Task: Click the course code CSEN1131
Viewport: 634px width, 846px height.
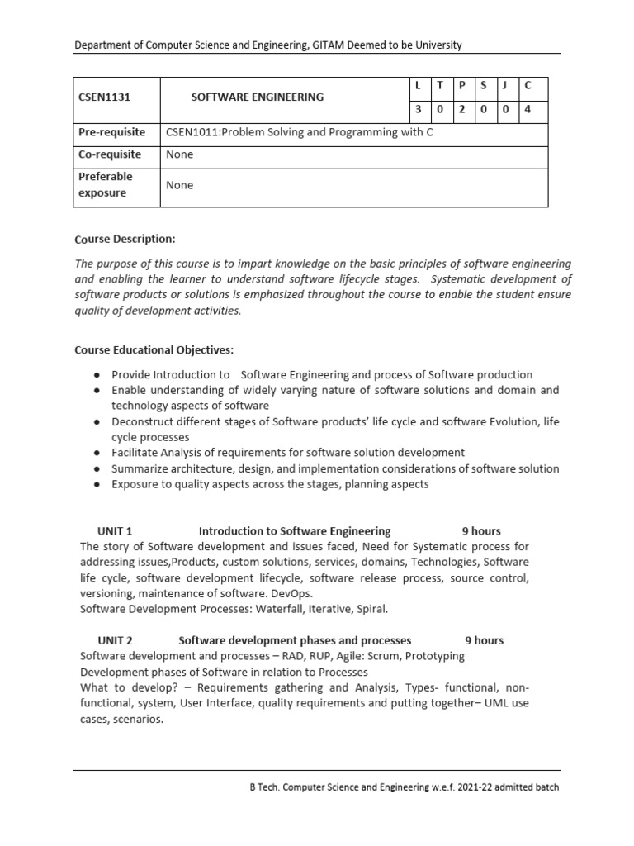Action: click(105, 97)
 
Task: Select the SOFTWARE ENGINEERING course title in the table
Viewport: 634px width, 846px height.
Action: click(258, 97)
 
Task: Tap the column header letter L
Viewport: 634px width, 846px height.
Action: click(419, 85)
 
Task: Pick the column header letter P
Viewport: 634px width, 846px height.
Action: click(462, 85)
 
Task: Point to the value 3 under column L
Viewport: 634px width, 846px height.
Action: click(419, 108)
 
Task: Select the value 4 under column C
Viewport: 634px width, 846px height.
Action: click(528, 108)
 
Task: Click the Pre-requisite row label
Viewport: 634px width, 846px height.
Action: click(111, 132)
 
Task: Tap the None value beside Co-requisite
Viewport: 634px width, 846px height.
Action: click(179, 154)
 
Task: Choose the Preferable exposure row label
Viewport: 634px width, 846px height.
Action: click(105, 184)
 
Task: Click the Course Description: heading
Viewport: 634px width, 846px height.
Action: click(125, 239)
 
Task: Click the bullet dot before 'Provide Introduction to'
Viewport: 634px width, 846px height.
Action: click(97, 375)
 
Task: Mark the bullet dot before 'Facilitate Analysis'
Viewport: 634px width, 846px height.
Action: click(97, 454)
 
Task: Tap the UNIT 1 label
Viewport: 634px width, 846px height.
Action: click(115, 531)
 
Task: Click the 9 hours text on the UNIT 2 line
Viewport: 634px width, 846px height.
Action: click(484, 640)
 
